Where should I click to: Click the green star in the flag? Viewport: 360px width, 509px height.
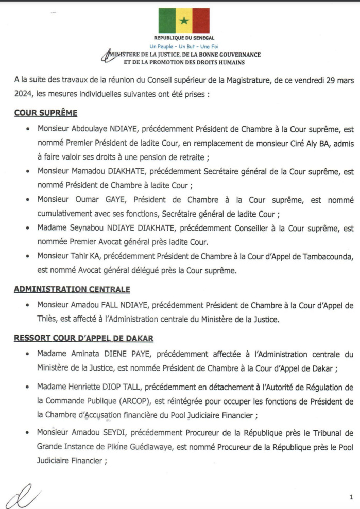point(184,21)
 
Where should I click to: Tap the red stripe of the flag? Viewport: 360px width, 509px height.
point(201,21)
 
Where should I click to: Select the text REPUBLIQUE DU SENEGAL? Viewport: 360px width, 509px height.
point(184,38)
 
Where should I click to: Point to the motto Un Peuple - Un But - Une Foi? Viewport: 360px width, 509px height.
point(184,46)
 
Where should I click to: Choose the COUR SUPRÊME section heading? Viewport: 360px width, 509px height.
point(46,113)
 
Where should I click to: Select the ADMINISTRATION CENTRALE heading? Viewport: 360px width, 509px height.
point(72,290)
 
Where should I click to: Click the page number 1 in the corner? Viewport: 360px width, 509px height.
point(351,497)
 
